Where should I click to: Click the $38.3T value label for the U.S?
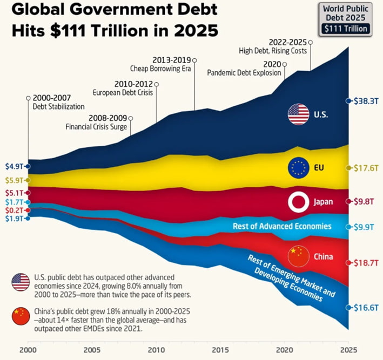point(366,101)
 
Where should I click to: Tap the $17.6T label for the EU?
point(366,168)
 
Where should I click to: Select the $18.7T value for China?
point(366,263)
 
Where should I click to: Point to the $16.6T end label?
point(366,308)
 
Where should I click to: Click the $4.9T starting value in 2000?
point(14,166)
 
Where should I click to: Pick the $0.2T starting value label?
point(14,210)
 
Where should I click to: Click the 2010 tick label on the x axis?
point(156,350)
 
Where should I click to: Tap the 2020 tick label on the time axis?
point(285,350)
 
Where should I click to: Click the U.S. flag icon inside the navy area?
point(299,114)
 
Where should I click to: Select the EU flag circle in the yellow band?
point(299,168)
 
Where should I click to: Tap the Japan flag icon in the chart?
point(299,202)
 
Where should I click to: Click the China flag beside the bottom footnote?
point(21,316)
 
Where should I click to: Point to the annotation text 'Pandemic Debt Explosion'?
point(244,73)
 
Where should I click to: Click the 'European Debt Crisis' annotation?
point(123,93)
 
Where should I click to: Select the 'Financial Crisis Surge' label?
point(96,127)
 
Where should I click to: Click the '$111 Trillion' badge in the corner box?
point(346,29)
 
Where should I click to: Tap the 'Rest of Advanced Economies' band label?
point(282,226)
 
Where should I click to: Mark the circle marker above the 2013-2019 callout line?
point(194,60)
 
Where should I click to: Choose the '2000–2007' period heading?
point(52,98)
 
